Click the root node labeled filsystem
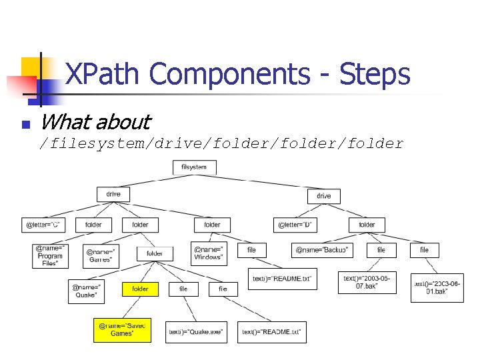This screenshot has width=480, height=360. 194,167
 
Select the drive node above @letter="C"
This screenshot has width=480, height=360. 113,194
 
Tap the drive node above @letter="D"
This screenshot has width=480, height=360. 323,196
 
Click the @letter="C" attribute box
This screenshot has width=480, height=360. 43,225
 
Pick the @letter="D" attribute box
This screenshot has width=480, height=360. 295,225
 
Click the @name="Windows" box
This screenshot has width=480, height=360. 209,253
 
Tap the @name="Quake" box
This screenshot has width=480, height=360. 86,291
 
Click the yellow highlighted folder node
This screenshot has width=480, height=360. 140,289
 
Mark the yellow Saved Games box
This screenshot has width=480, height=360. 123,329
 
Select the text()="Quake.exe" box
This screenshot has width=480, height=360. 196,331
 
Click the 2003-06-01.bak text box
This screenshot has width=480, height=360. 437,287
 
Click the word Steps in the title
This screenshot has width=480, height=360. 374,74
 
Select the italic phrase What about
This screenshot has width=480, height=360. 95,122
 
